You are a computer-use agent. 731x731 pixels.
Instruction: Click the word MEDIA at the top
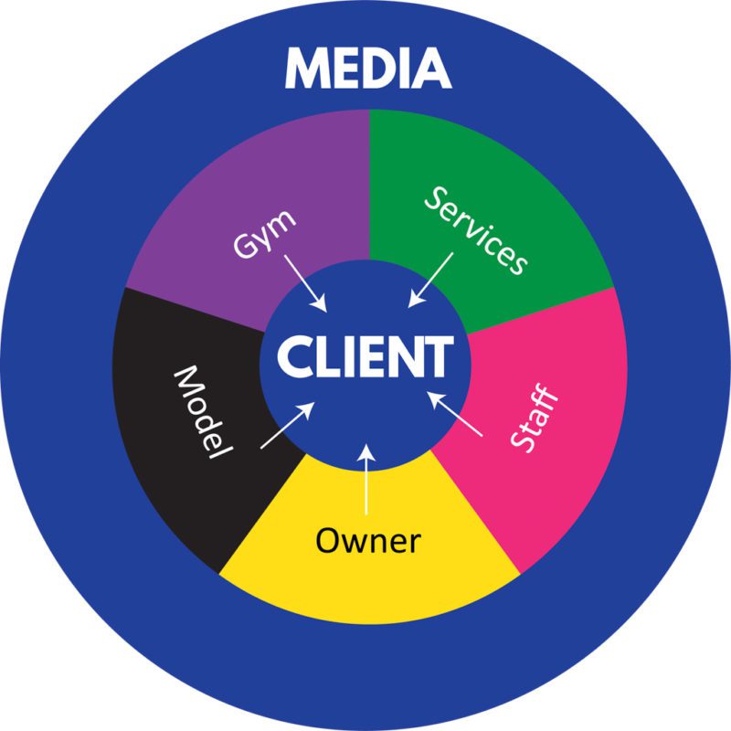367,69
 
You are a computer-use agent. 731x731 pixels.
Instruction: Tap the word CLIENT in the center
365,356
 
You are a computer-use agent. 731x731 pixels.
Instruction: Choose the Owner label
367,541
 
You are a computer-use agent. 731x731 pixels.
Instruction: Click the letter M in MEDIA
307,69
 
